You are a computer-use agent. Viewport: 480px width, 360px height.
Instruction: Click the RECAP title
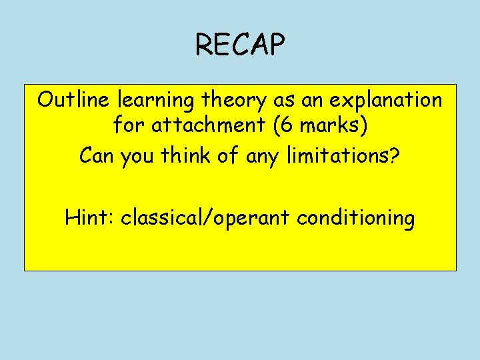(240, 45)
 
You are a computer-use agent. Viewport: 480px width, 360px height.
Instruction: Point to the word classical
(159, 218)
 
